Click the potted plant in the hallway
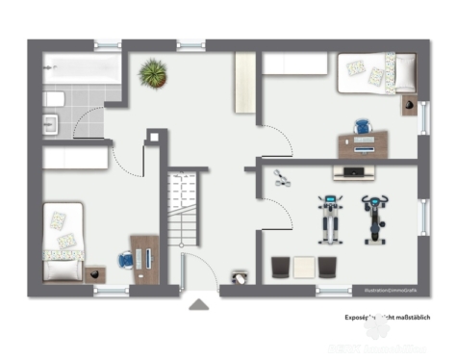pos(152,72)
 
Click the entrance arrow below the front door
pos(199,305)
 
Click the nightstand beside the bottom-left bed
pos(94,274)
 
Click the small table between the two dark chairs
pos(303,267)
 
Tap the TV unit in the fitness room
pos(353,173)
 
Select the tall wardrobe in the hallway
pos(244,87)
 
